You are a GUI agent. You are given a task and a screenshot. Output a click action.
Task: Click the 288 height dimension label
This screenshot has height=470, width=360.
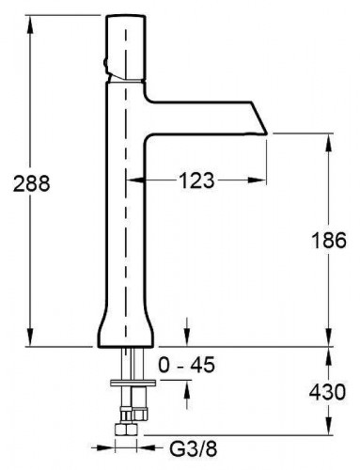point(31,183)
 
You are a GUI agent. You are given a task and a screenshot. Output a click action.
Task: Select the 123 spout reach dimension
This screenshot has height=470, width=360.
point(196,180)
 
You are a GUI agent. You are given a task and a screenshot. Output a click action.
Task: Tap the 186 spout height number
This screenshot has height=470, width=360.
point(329,241)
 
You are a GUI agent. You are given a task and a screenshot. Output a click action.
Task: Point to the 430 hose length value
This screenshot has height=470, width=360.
point(327,392)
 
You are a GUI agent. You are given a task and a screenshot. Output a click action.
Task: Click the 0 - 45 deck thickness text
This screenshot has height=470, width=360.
point(187,365)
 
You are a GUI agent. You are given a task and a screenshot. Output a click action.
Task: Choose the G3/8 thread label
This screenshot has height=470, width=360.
point(194,449)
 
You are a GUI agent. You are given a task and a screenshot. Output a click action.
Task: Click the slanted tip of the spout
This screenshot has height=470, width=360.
point(259,117)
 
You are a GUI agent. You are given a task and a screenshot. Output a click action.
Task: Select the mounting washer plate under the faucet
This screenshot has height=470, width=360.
point(133,383)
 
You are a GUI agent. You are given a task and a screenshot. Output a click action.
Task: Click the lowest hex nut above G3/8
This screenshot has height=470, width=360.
point(126,429)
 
